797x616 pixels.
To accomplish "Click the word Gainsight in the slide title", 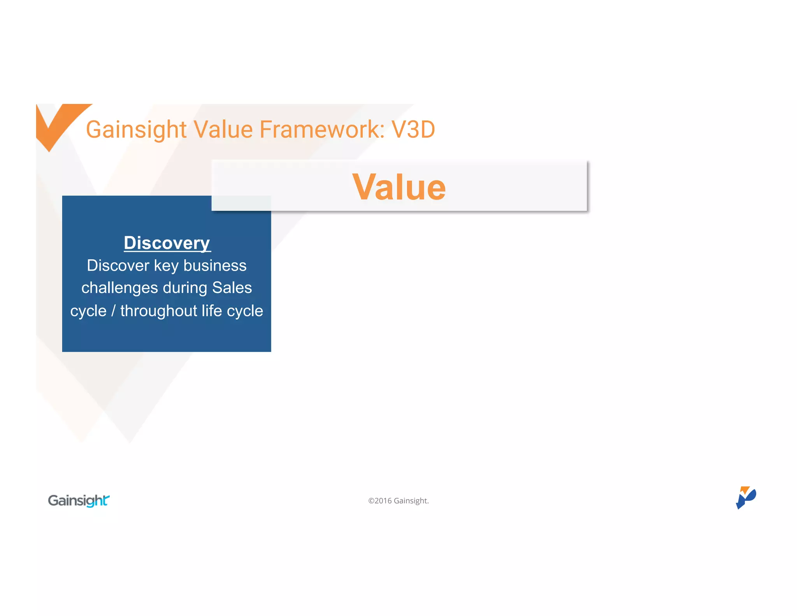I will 136,130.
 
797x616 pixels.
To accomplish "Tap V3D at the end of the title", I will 413,130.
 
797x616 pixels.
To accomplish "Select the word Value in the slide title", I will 223,130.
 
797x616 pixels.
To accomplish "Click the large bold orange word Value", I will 398,187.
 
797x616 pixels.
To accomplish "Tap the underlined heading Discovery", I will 167,243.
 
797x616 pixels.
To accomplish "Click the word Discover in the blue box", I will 118,266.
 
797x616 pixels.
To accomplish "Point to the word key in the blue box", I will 166,266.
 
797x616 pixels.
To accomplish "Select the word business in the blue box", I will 215,266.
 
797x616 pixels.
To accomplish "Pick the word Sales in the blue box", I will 232,288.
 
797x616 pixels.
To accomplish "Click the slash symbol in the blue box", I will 113,311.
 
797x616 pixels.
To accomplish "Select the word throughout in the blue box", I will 159,311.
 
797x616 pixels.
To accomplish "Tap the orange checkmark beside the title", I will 58,123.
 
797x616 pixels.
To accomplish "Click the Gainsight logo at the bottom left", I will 79,500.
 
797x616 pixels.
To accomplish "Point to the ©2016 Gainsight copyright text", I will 398,501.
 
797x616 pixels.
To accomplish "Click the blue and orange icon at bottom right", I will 745,498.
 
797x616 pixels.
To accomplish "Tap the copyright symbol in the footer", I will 371,501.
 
